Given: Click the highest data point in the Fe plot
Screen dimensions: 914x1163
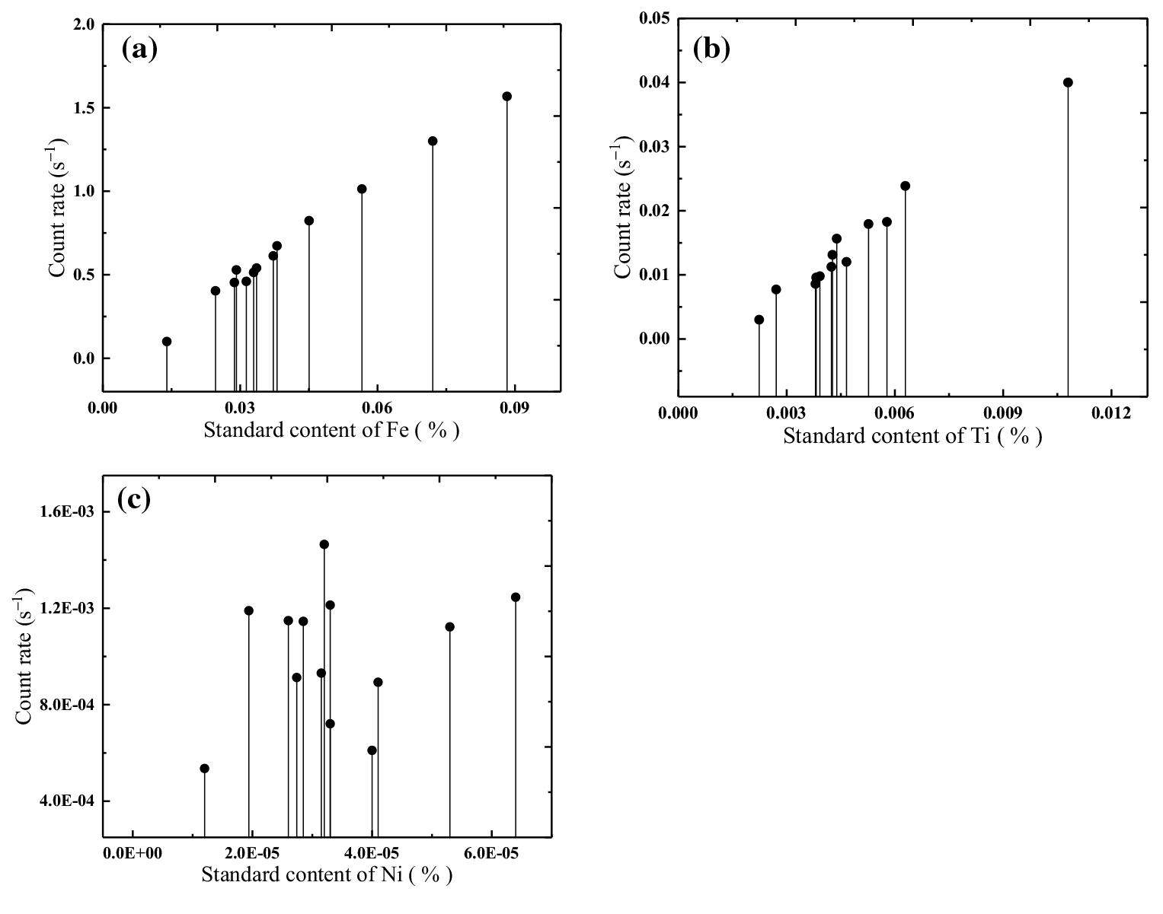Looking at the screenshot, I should [506, 97].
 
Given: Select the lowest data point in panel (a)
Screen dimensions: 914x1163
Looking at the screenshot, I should [167, 342].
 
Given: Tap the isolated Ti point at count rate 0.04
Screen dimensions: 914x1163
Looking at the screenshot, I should [1068, 82].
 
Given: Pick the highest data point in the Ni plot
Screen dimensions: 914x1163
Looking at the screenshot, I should [324, 544].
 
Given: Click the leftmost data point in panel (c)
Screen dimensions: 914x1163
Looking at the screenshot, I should [204, 769].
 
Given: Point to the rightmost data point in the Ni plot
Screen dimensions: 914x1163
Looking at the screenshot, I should [516, 597].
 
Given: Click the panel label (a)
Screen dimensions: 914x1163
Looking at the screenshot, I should [139, 50].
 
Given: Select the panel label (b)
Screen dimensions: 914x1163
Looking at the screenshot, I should [711, 49].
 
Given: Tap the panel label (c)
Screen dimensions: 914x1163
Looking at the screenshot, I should [134, 499].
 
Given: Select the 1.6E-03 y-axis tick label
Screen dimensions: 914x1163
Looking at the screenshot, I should [65, 511].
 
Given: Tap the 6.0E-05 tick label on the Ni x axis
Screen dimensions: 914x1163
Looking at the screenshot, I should [491, 854].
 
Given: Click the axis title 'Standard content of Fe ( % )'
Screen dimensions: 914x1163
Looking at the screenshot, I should [331, 431].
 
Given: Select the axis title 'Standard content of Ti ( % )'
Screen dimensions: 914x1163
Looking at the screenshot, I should [912, 436].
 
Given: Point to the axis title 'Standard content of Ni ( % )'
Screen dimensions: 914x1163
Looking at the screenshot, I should [327, 874].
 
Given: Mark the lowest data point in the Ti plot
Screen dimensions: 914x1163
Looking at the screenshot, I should [759, 320].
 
